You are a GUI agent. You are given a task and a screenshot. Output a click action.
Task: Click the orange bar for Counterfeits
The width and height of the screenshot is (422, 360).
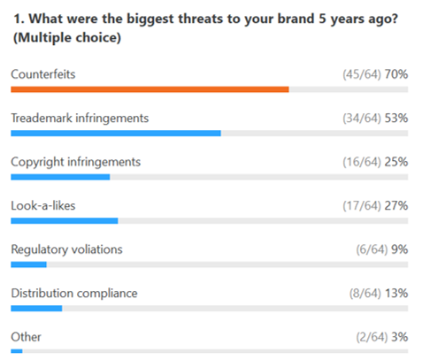click(x=150, y=89)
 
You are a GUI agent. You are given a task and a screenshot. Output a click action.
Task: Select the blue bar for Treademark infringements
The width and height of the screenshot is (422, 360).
click(x=116, y=134)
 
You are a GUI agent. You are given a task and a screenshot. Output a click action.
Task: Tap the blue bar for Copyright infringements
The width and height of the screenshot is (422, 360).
click(x=60, y=177)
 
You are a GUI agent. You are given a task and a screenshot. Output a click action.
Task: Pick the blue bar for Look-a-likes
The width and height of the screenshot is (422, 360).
click(x=65, y=221)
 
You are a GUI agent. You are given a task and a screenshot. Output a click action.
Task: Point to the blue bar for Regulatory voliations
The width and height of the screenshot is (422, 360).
click(x=28, y=264)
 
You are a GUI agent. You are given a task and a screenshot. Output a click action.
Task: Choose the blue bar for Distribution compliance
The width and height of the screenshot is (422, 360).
click(x=36, y=309)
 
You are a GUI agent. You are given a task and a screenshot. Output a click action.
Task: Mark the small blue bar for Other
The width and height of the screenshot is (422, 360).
click(x=17, y=351)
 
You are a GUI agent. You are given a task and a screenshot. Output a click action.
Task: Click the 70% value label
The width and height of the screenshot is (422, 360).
click(x=396, y=74)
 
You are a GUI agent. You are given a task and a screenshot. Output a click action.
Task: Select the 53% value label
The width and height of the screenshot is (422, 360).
click(x=396, y=118)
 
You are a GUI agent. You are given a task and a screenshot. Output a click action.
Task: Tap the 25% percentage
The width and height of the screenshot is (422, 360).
click(x=396, y=162)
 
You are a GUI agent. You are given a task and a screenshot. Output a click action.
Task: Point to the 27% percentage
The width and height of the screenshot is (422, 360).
click(x=396, y=205)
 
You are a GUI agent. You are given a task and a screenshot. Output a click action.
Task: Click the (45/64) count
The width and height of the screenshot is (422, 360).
click(x=362, y=74)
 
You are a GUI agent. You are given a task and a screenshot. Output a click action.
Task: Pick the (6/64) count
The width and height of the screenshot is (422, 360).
click(x=372, y=249)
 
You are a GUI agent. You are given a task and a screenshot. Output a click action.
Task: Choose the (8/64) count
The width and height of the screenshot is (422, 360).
click(x=365, y=294)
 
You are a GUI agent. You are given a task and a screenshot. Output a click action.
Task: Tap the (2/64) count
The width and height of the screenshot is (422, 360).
click(x=372, y=337)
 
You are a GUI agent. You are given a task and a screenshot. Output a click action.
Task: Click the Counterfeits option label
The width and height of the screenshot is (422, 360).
click(x=43, y=74)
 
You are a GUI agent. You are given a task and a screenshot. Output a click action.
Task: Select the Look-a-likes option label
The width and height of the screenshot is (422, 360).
click(x=43, y=205)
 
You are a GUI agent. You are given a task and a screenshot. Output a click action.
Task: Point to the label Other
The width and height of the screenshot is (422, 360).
click(x=26, y=337)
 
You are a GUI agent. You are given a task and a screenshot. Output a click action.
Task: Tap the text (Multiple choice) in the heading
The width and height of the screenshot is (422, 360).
click(x=67, y=38)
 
